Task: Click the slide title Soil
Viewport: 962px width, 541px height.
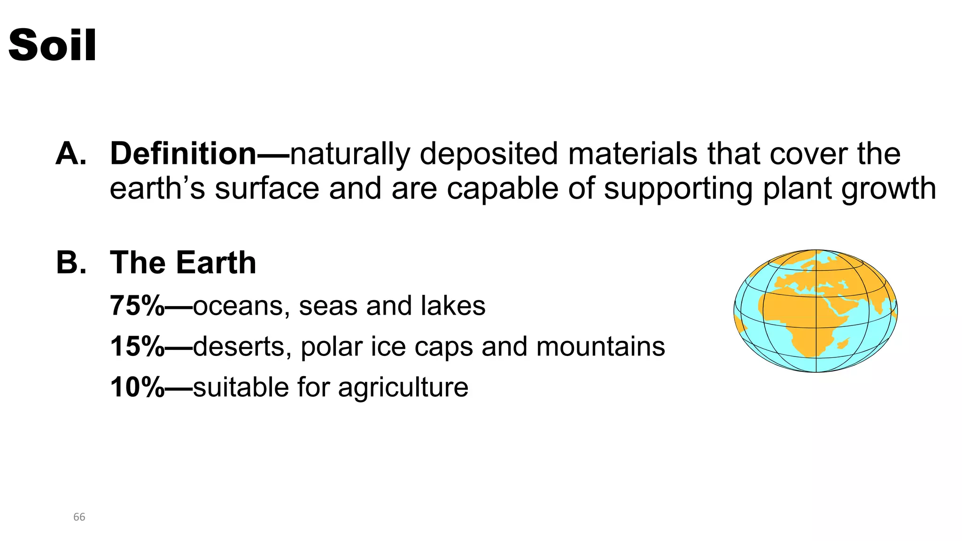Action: tap(53, 45)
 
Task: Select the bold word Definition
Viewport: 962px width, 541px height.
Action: tap(183, 154)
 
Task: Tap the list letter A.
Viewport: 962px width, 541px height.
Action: tap(70, 154)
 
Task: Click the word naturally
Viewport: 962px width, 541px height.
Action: tap(350, 155)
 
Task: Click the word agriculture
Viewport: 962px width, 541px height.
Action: tap(403, 388)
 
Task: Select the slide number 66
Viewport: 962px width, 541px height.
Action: tap(79, 517)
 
